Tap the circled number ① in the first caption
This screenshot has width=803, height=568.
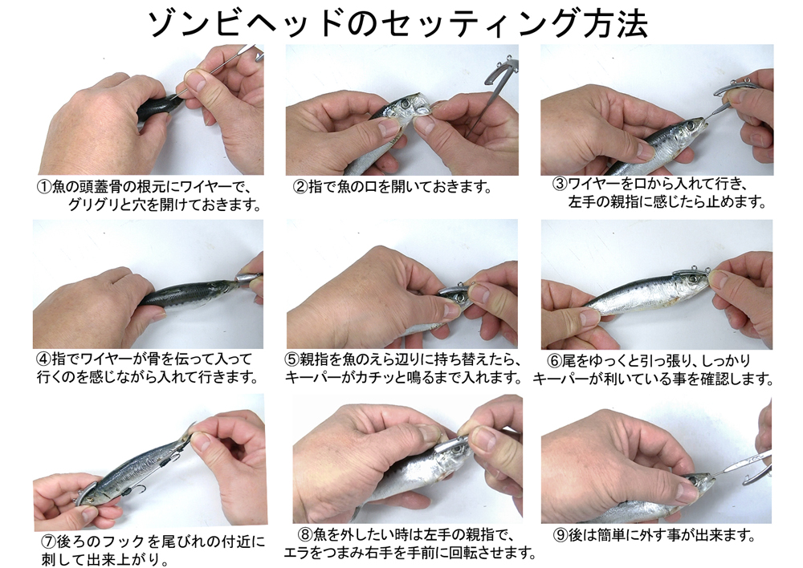coord(44,187)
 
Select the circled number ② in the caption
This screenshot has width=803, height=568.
coord(300,187)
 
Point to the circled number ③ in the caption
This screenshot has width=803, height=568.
coord(560,185)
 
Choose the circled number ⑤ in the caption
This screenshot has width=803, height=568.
coord(292,359)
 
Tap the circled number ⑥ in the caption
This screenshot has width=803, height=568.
coord(554,361)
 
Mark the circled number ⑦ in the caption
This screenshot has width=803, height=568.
coord(49,541)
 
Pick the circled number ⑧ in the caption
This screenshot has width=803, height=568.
coord(305,535)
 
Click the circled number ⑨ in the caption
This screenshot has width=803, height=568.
coord(560,536)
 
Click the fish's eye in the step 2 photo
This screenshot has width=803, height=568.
coord(406,103)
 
